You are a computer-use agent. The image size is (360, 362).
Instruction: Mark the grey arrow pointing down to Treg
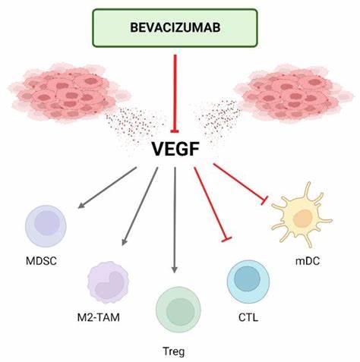(175, 220)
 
